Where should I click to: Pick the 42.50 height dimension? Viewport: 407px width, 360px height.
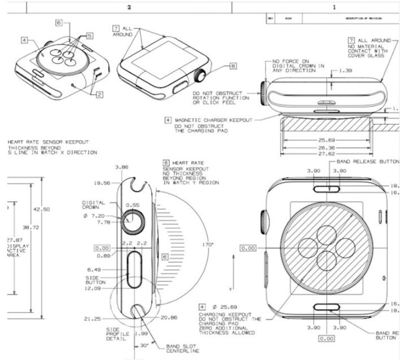click(41, 209)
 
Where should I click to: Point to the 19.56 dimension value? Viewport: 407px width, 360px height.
click(102, 183)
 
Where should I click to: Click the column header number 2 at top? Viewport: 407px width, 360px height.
click(129, 7)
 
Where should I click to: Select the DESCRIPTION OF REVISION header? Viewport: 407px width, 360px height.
click(364, 19)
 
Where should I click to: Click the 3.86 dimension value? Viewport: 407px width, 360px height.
click(121, 168)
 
